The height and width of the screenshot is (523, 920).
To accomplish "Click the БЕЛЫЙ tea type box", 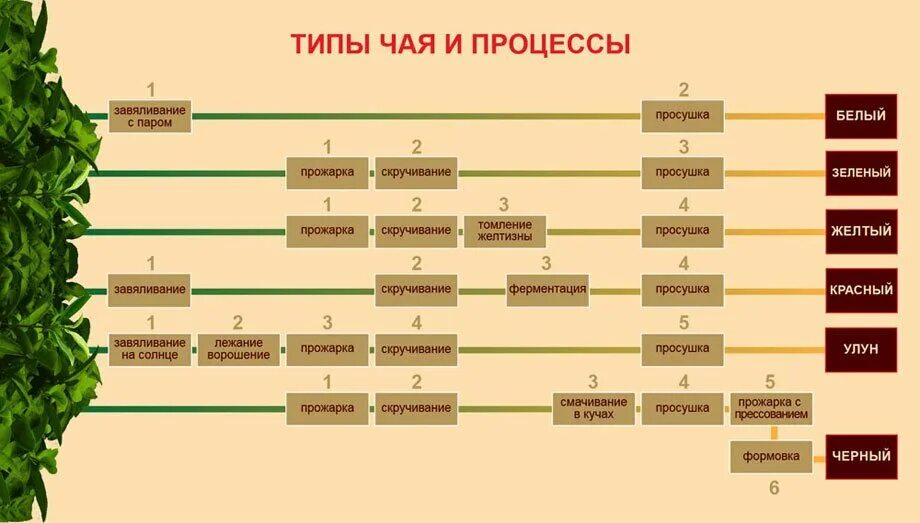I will [860, 116].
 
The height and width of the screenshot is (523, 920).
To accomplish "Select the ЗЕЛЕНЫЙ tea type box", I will [860, 173].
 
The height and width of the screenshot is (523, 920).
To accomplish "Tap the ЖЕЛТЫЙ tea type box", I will [860, 231].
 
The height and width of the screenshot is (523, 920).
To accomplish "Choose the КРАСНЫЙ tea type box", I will [860, 290].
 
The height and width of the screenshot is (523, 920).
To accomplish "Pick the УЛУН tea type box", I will [860, 349].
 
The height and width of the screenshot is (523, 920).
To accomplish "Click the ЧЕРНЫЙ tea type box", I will [860, 457].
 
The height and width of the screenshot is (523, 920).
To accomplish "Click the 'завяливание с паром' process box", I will [149, 116].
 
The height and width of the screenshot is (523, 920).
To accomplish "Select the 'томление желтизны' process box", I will [505, 231].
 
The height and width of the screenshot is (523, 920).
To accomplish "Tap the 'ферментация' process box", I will [547, 290].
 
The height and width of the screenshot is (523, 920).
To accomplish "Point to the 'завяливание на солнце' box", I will [149, 349].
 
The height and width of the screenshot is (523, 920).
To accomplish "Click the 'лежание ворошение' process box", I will [238, 349].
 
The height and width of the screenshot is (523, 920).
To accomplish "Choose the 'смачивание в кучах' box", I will [593, 408].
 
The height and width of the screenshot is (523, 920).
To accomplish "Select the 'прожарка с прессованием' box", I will [771, 408].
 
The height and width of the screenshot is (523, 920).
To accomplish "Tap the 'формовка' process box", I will [771, 457].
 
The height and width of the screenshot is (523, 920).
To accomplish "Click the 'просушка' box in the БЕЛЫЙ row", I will [683, 116].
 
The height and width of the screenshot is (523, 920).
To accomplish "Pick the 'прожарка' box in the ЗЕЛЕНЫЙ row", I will [327, 173].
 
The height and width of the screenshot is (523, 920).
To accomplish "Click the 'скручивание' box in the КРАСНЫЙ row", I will [416, 290].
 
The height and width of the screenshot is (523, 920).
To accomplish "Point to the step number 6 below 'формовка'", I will [773, 489].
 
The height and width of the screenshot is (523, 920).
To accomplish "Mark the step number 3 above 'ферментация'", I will [546, 264].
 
